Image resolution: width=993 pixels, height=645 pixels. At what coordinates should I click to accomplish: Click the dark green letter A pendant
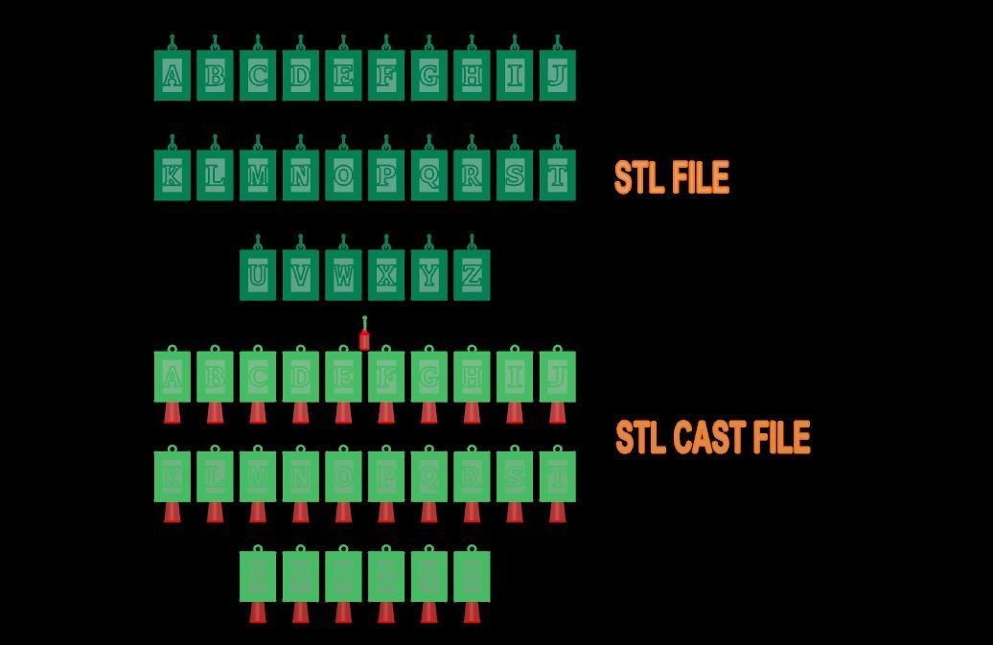pyautogui.click(x=173, y=76)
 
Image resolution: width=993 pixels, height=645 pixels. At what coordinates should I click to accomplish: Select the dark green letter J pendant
pyautogui.click(x=557, y=76)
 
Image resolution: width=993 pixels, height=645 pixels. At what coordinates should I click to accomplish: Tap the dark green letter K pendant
pyautogui.click(x=173, y=175)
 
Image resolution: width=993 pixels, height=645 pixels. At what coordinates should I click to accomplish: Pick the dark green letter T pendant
pyautogui.click(x=557, y=175)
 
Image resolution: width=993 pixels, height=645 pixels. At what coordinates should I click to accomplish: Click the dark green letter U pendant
pyautogui.click(x=258, y=276)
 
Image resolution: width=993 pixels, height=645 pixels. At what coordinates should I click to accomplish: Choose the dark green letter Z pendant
pyautogui.click(x=472, y=276)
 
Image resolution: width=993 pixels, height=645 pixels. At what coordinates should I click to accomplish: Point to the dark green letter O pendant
pyautogui.click(x=343, y=175)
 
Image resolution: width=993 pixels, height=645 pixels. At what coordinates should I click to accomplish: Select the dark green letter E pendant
pyautogui.click(x=343, y=76)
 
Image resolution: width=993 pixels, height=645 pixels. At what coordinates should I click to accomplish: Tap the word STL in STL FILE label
pyautogui.click(x=638, y=178)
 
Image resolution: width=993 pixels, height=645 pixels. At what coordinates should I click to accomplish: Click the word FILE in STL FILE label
pyautogui.click(x=700, y=178)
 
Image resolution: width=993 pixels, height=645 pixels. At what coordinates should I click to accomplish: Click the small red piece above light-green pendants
pyautogui.click(x=364, y=338)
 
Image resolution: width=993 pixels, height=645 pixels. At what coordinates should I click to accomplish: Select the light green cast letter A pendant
pyautogui.click(x=173, y=377)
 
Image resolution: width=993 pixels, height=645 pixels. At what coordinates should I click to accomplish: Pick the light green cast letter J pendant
pyautogui.click(x=557, y=377)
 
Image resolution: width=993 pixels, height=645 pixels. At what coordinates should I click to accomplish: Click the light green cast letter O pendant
pyautogui.click(x=343, y=476)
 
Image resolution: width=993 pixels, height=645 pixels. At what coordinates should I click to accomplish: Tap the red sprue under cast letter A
pyautogui.click(x=173, y=413)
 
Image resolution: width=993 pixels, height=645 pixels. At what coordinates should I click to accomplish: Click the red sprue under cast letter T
pyautogui.click(x=557, y=513)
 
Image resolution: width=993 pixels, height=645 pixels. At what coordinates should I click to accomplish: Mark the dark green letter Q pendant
pyautogui.click(x=428, y=175)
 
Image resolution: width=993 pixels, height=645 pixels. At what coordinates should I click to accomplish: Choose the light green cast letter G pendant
pyautogui.click(x=428, y=377)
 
